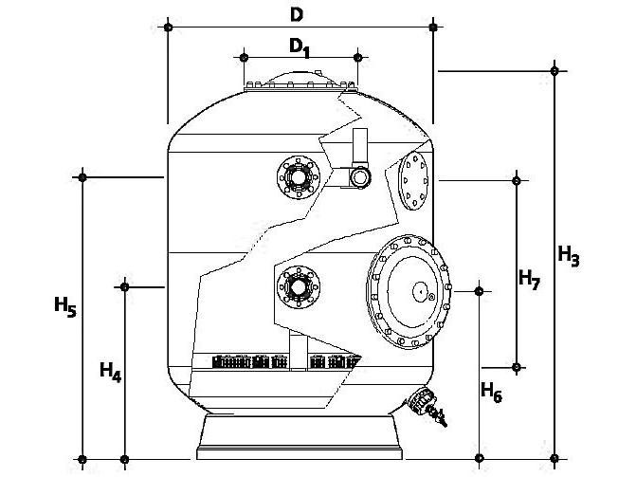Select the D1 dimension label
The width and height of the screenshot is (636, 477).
(300, 47)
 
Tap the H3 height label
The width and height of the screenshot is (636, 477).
(568, 255)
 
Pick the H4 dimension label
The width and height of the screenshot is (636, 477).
(110, 372)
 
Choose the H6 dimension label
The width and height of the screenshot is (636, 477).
(491, 390)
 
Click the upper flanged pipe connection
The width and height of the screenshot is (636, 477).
(298, 176)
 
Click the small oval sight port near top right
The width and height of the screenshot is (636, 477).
(414, 181)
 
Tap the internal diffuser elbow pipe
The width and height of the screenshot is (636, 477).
(359, 161)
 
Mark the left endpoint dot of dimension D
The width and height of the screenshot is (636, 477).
(169, 28)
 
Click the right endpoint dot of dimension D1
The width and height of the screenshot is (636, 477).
(357, 57)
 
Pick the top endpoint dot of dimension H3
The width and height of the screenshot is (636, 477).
(555, 70)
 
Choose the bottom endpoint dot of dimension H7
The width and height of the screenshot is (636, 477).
(517, 367)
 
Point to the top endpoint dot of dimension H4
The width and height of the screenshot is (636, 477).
(124, 284)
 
